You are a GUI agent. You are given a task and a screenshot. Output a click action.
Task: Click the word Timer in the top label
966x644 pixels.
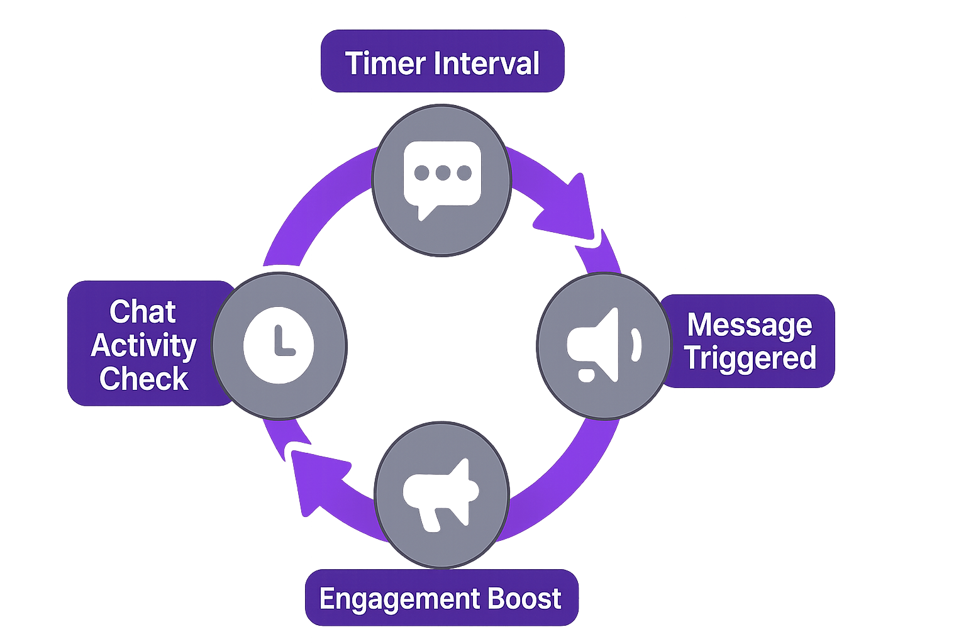pyautogui.click(x=384, y=64)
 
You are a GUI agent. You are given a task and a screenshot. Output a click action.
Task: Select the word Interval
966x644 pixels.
pyautogui.click(x=487, y=64)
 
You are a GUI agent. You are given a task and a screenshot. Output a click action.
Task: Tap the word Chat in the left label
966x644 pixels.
pyautogui.click(x=143, y=312)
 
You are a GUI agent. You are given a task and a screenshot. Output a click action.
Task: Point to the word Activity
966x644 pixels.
pyautogui.click(x=144, y=345)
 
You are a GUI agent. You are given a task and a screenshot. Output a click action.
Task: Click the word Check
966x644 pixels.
pyautogui.click(x=144, y=379)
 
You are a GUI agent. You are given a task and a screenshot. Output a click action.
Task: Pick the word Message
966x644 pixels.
pyautogui.click(x=750, y=325)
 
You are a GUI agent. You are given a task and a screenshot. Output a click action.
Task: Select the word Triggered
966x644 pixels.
pyautogui.click(x=750, y=358)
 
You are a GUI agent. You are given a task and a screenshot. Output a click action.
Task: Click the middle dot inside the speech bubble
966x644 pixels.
pyautogui.click(x=442, y=173)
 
